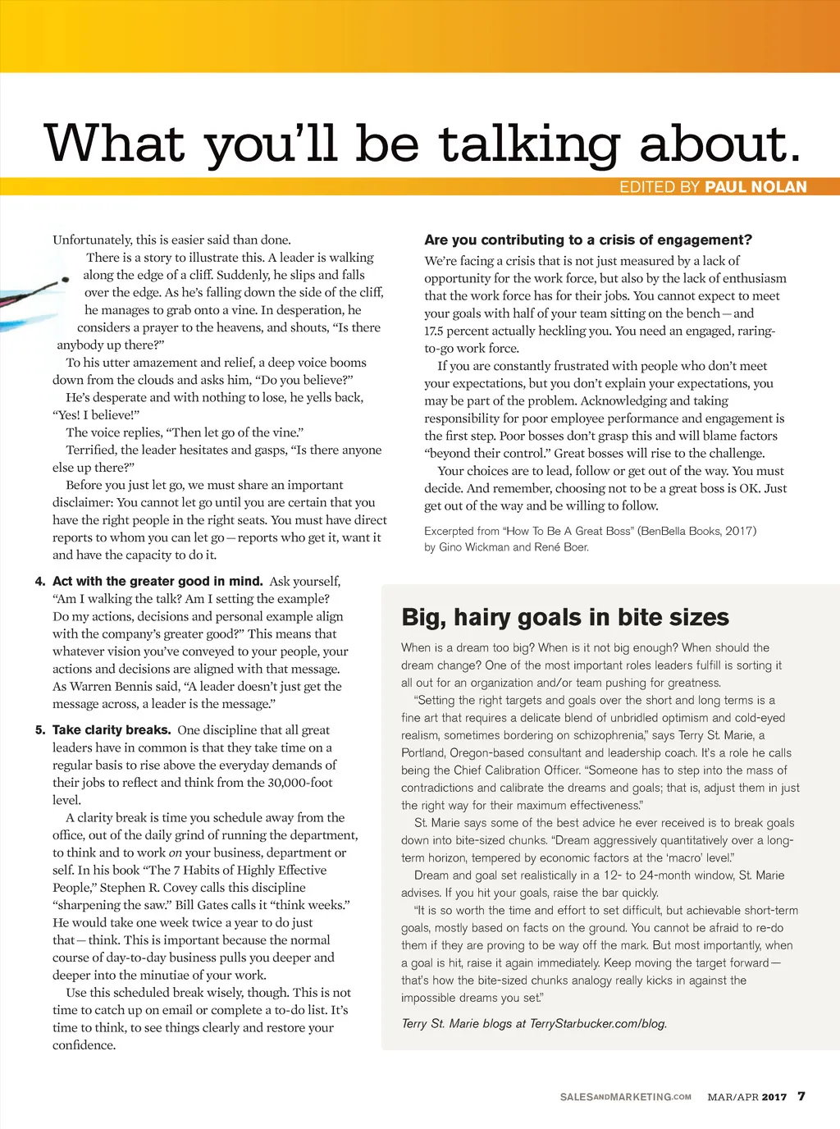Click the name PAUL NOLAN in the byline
tap(756, 187)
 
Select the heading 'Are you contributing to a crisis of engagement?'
tap(587, 240)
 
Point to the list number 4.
tap(40, 582)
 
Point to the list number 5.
tap(40, 730)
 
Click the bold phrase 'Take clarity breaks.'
tap(112, 730)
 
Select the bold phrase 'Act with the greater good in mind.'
tap(157, 582)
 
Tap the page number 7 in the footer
tap(801, 1096)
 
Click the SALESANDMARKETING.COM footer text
tap(625, 1097)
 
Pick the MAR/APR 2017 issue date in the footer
tap(746, 1097)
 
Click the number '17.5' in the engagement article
tap(435, 331)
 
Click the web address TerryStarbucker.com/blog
tap(598, 1023)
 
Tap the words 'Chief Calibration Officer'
tap(512, 770)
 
